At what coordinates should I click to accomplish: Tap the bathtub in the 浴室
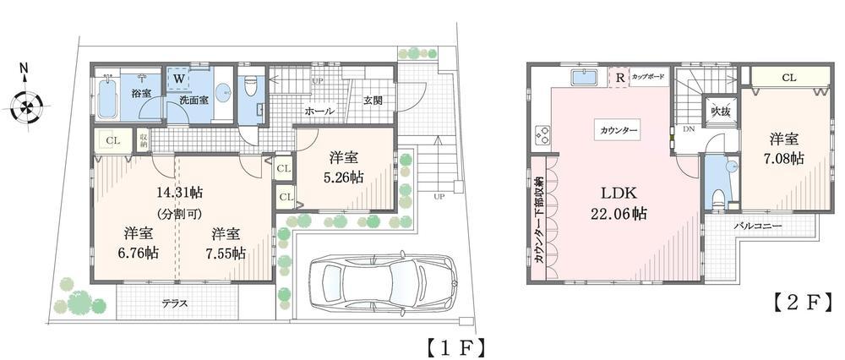[x=106, y=100]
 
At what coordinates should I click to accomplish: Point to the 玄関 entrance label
[x=373, y=100]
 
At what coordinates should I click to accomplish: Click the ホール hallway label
[x=319, y=111]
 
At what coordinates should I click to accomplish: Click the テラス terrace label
[x=175, y=303]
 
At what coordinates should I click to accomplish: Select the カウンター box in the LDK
[x=619, y=130]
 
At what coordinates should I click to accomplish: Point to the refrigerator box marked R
[x=620, y=78]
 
